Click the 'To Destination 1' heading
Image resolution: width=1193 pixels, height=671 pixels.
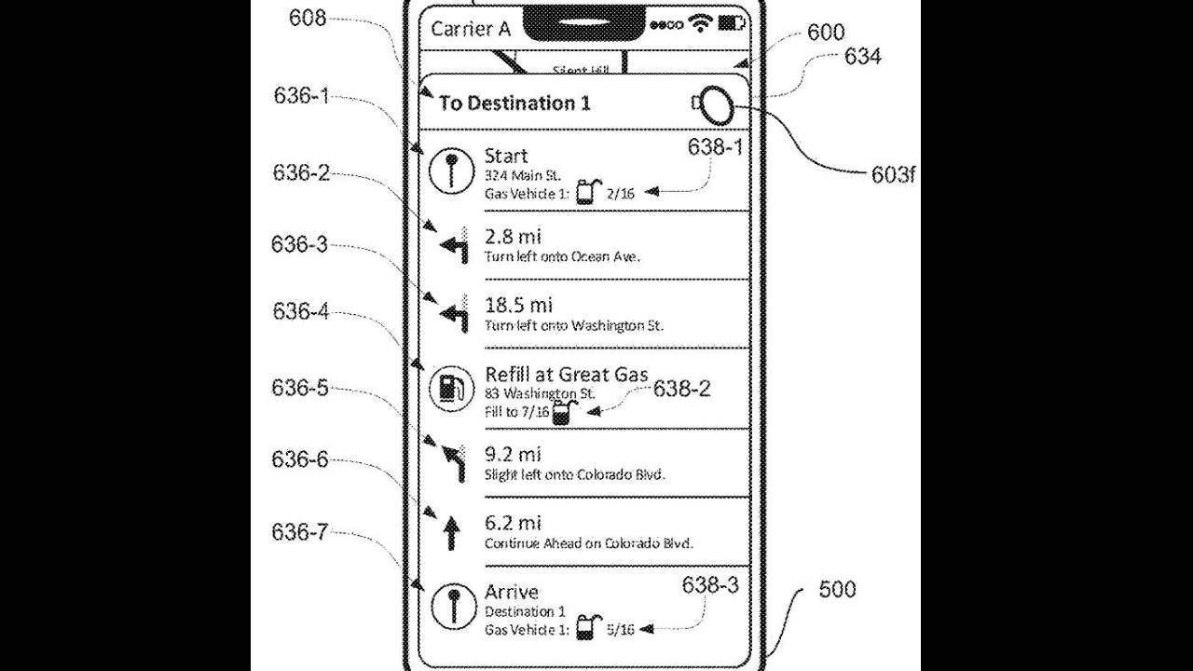[514, 103]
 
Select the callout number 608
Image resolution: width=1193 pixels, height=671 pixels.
[307, 17]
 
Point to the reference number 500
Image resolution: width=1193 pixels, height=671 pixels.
[837, 589]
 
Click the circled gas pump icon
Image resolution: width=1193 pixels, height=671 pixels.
[450, 387]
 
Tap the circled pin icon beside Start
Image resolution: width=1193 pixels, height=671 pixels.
[451, 172]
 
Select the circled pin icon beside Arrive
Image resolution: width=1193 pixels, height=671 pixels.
[451, 608]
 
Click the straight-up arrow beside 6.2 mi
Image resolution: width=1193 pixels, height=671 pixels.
[451, 533]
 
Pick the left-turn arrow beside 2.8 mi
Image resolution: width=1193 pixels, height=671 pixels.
[453, 247]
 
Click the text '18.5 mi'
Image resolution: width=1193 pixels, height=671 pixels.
[518, 305]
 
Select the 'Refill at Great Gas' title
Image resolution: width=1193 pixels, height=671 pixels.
[567, 375]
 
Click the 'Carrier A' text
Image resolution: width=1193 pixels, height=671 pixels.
[471, 29]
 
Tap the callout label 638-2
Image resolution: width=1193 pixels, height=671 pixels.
[681, 389]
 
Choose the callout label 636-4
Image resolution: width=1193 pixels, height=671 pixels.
[300, 311]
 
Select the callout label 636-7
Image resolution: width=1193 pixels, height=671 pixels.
[299, 532]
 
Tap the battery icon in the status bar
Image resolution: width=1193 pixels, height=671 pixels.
[734, 23]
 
